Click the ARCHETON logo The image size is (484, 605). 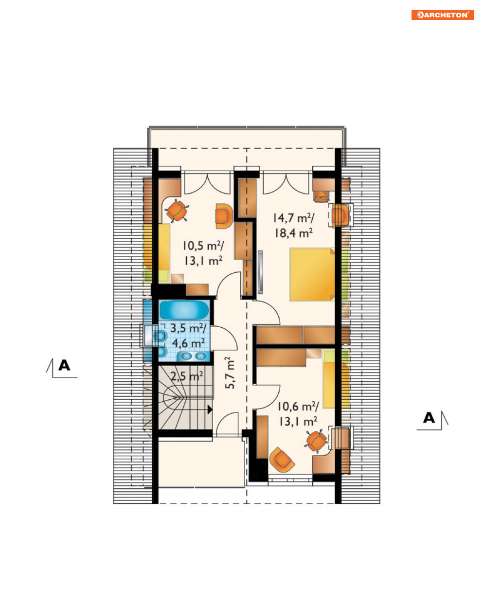[x=442, y=15]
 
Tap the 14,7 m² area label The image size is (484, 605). [x=293, y=218]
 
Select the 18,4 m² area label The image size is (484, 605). [x=293, y=233]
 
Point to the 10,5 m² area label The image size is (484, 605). [x=203, y=246]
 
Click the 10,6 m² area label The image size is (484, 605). [x=298, y=406]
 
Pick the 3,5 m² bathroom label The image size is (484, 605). [x=188, y=328]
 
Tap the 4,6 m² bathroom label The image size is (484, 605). [x=188, y=343]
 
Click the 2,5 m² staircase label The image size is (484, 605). [x=187, y=376]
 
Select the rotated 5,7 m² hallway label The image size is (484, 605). [x=230, y=373]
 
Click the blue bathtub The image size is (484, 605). [x=184, y=310]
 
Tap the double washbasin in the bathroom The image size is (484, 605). [x=193, y=356]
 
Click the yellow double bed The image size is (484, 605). [x=312, y=274]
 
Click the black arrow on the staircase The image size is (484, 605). [x=210, y=409]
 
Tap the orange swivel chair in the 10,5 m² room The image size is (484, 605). [x=177, y=211]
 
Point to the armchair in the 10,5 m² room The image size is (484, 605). [x=224, y=215]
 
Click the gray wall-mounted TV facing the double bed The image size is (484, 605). [x=261, y=272]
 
